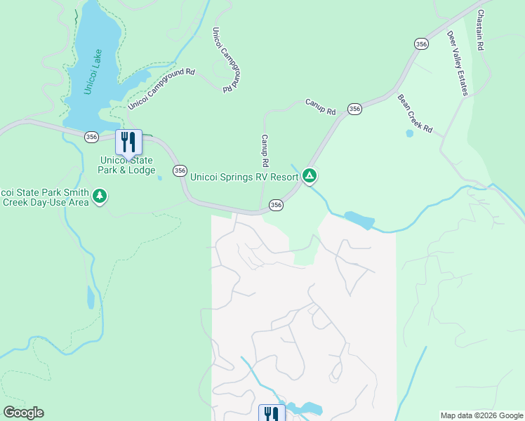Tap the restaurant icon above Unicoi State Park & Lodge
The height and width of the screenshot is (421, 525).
pyautogui.click(x=128, y=142)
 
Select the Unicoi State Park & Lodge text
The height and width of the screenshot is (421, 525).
pyautogui.click(x=127, y=165)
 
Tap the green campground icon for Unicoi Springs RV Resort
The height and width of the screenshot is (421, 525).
pyautogui.click(x=310, y=175)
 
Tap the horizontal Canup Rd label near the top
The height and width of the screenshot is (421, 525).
pyautogui.click(x=321, y=107)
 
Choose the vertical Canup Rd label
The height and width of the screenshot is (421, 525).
pyautogui.click(x=265, y=151)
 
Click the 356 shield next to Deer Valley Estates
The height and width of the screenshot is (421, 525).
pyautogui.click(x=421, y=44)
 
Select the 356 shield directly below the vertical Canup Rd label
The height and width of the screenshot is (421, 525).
pyautogui.click(x=276, y=205)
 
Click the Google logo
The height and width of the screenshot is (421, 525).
pyautogui.click(x=23, y=413)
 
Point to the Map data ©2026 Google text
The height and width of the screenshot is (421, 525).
pyautogui.click(x=481, y=415)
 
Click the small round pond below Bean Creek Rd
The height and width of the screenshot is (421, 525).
pyautogui.click(x=409, y=133)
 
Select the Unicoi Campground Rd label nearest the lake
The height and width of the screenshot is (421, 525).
pyautogui.click(x=161, y=89)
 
